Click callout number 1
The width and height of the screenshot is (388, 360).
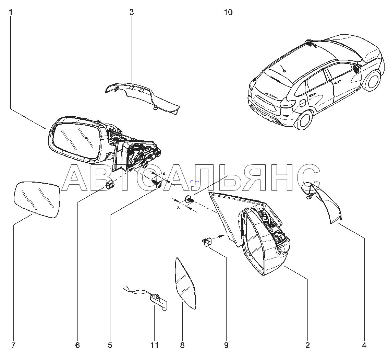pyautogui.click(x=11, y=12)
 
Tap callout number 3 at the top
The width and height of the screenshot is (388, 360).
pyautogui.click(x=132, y=12)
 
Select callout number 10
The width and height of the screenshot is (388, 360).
pyautogui.click(x=228, y=12)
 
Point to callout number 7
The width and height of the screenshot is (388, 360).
pyautogui.click(x=13, y=345)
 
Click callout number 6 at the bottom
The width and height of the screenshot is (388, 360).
pyautogui.click(x=77, y=345)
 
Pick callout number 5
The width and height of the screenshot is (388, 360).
pyautogui.click(x=110, y=345)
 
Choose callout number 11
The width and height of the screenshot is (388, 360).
pyautogui.click(x=154, y=345)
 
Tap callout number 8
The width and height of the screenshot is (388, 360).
pyautogui.click(x=182, y=345)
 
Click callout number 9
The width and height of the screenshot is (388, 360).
pyautogui.click(x=226, y=345)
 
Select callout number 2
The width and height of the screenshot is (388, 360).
pyautogui.click(x=307, y=345)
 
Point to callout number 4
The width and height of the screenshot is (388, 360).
pyautogui.click(x=364, y=345)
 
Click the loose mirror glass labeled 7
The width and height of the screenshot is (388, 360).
pyautogui.click(x=37, y=200)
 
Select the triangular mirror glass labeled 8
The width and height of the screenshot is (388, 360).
pyautogui.click(x=185, y=284)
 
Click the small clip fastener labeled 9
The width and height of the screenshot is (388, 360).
pyautogui.click(x=207, y=241)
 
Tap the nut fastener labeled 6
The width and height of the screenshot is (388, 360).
pyautogui.click(x=109, y=185)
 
